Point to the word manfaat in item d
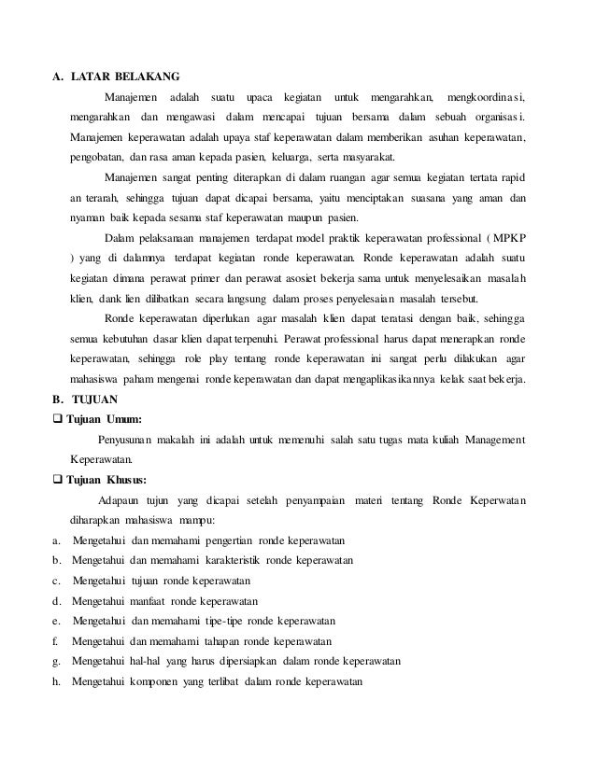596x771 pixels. pos(153,600)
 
